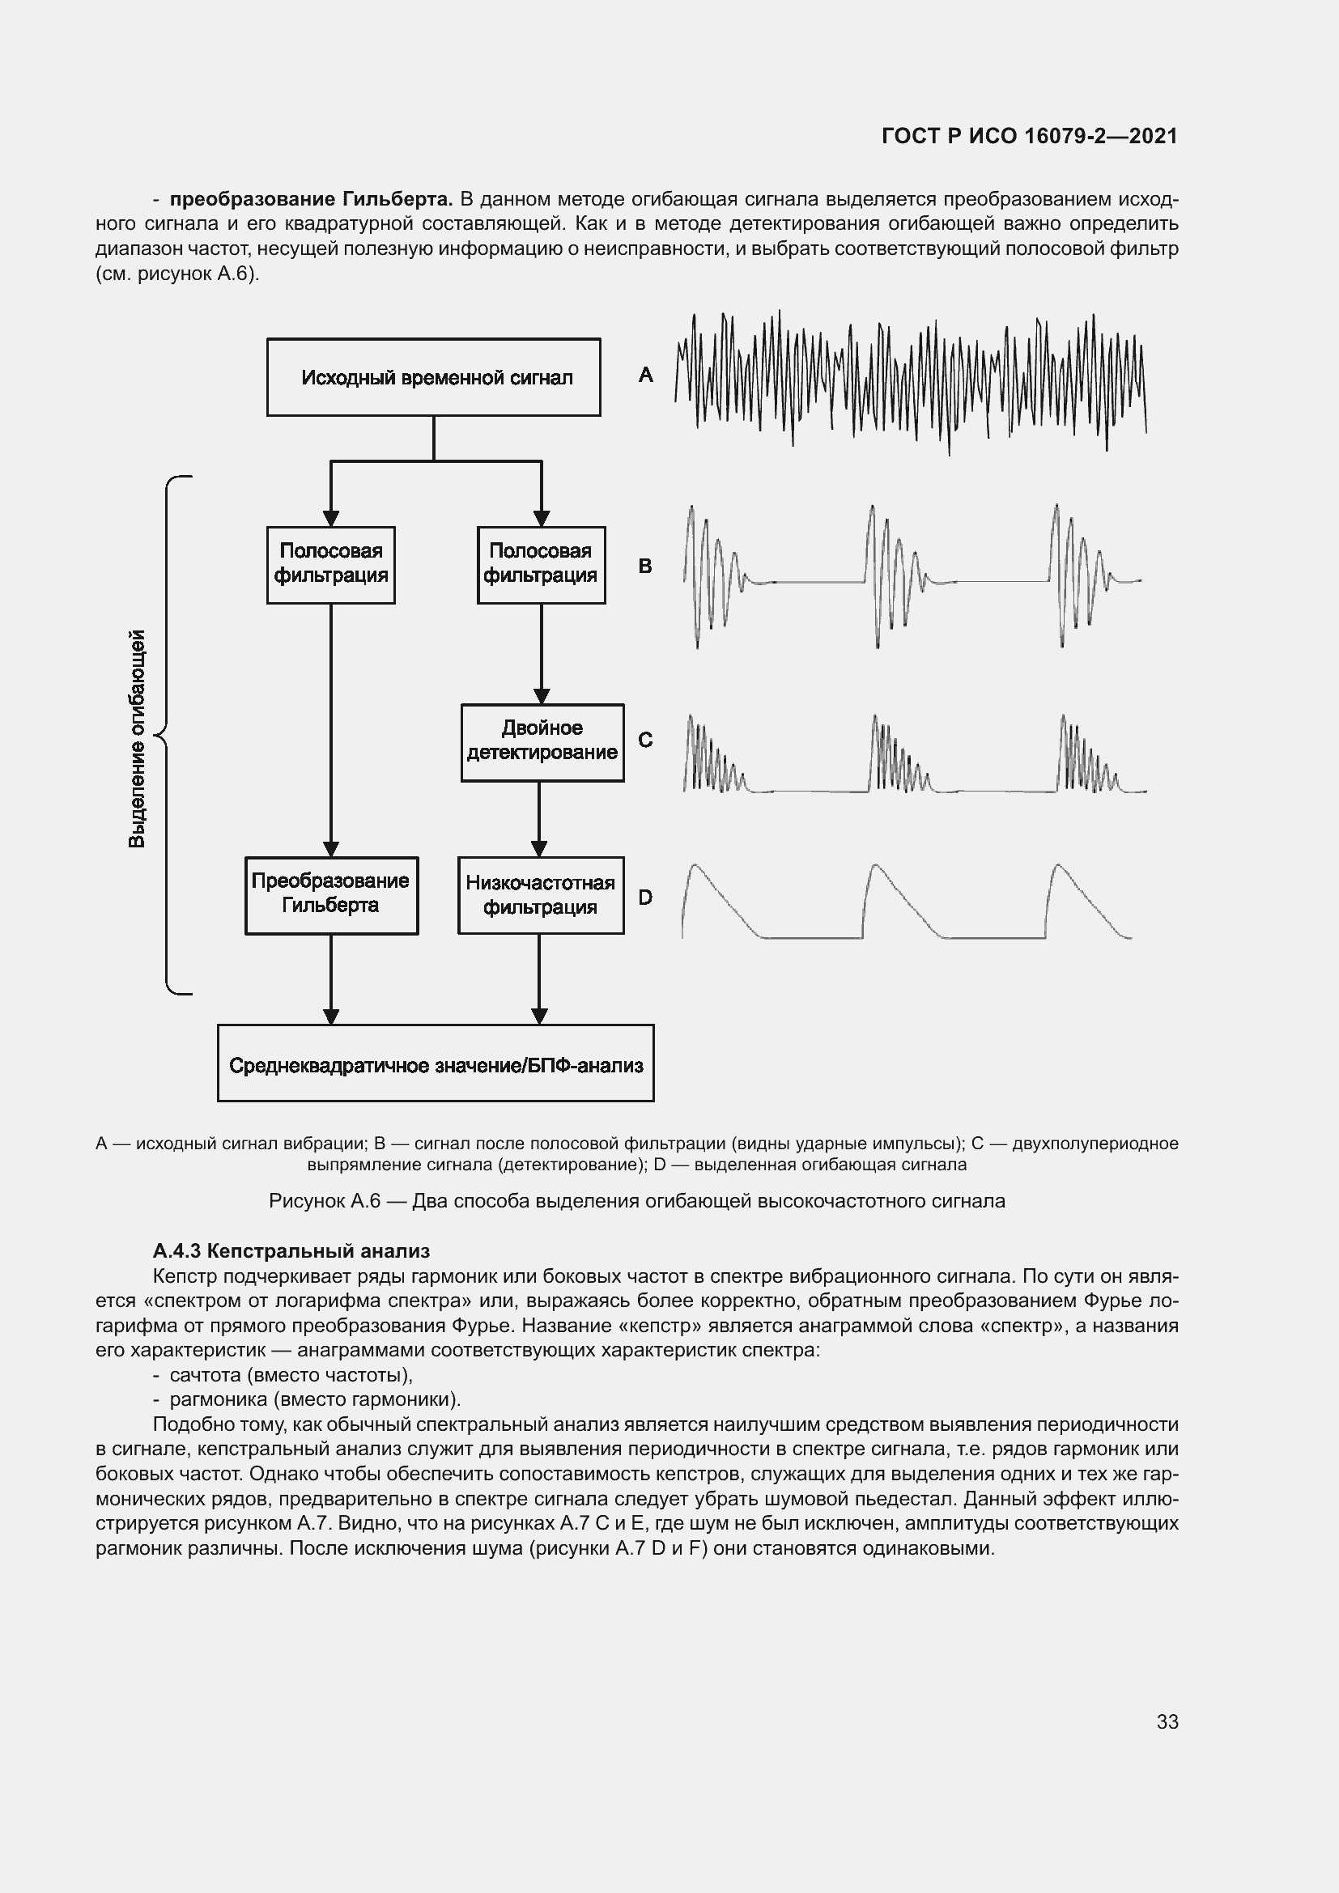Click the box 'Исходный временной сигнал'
(x=434, y=378)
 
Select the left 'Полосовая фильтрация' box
(x=330, y=565)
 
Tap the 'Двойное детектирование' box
(x=542, y=742)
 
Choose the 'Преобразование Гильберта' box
(x=330, y=894)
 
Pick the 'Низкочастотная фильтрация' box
(x=540, y=895)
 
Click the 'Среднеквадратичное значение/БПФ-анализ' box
(x=436, y=1064)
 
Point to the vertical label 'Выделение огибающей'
(x=137, y=738)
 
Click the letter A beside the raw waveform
(x=645, y=376)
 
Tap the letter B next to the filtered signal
(x=644, y=567)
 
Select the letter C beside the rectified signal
(x=645, y=741)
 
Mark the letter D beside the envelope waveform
(x=645, y=897)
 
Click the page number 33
(x=1167, y=1721)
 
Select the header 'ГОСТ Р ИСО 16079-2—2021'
(x=1029, y=136)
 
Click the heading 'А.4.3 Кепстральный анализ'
(x=291, y=1250)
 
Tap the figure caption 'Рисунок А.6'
(x=324, y=1200)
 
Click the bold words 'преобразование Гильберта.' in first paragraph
(x=311, y=200)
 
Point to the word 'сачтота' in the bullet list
(x=206, y=1374)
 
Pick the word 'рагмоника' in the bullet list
(x=217, y=1399)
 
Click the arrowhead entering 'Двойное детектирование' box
(x=542, y=696)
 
